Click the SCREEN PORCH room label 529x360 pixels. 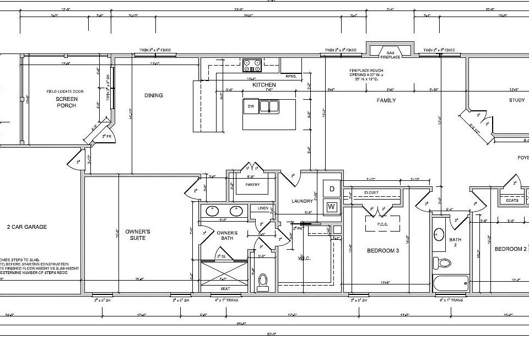66,102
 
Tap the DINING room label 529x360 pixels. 154,95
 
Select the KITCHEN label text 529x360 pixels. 263,85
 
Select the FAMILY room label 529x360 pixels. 386,100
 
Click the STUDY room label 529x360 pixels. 517,100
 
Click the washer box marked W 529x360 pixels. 332,207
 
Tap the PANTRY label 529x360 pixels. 252,185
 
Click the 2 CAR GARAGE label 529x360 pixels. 26,227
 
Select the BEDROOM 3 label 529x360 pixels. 382,250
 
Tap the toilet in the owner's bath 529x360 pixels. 263,280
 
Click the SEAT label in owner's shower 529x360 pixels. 226,288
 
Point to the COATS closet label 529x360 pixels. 512,200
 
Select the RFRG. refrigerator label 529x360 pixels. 290,77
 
